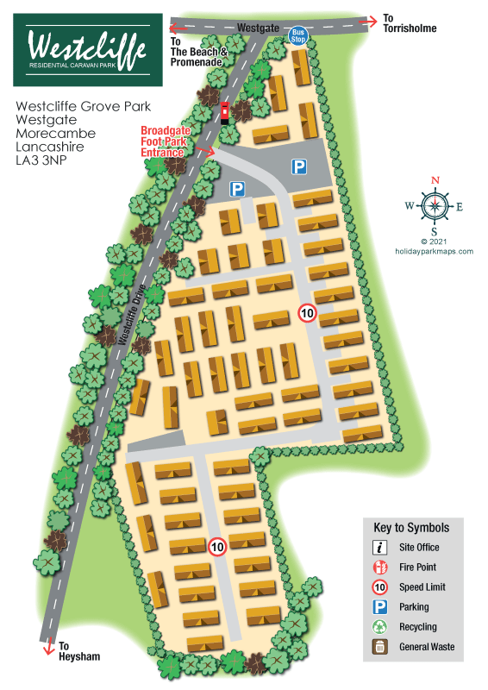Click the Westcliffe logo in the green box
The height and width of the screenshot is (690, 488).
86,48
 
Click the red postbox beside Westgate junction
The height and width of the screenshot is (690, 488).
226,110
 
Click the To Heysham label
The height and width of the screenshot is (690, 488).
79,650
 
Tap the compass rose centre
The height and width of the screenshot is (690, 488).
435,205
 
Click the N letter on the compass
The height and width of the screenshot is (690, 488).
435,180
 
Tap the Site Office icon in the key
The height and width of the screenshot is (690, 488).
379,548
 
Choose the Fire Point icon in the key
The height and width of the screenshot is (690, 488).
379,568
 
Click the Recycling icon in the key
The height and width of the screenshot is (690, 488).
379,627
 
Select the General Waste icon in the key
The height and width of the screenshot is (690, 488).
379,647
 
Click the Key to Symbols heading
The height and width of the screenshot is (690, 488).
411,528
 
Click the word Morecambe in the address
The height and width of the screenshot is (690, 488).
55,135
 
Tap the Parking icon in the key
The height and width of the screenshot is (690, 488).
379,607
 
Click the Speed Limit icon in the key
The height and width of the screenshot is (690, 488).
379,587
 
